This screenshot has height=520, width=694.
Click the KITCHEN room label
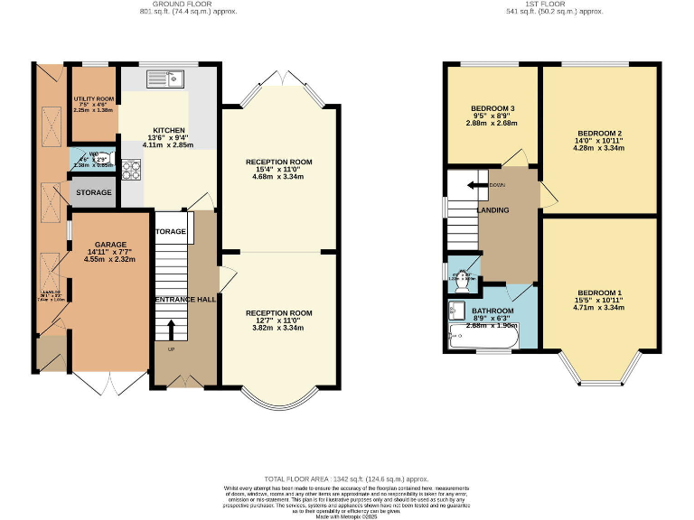(168, 130)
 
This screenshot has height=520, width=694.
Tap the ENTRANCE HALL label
(185, 300)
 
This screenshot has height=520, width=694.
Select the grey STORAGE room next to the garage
(94, 193)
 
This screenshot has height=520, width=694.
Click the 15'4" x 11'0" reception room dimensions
(279, 170)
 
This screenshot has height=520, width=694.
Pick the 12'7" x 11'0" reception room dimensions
(279, 321)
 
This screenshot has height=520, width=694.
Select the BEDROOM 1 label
(600, 293)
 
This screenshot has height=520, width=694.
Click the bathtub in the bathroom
(483, 340)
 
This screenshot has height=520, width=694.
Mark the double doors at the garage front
(110, 382)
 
